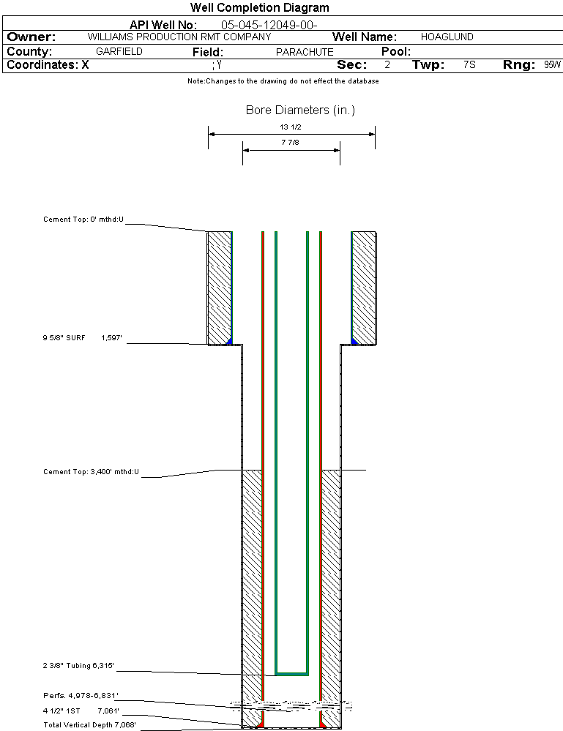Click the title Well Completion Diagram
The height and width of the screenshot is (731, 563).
click(259, 8)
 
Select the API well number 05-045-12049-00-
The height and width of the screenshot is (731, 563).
click(269, 26)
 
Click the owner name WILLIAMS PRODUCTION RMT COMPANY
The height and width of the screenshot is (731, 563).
click(179, 37)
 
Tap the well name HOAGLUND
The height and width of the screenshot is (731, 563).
click(447, 37)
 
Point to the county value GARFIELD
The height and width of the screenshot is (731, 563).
click(119, 52)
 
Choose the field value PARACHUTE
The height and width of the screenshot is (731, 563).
click(304, 52)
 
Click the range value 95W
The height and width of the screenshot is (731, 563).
click(552, 64)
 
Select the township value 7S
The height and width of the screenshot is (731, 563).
click(469, 64)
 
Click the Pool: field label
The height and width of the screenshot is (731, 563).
click(396, 52)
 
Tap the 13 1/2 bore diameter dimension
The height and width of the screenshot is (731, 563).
click(291, 127)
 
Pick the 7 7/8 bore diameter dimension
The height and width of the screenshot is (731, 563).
click(291, 143)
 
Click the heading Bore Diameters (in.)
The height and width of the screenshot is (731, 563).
click(300, 110)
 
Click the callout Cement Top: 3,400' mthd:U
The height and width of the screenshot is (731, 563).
click(91, 471)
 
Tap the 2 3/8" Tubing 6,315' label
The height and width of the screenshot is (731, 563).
click(78, 666)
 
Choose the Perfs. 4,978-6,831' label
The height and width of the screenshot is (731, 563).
click(81, 695)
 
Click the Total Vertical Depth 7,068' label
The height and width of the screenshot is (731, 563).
click(89, 724)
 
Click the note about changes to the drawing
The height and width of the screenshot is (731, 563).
click(283, 81)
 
